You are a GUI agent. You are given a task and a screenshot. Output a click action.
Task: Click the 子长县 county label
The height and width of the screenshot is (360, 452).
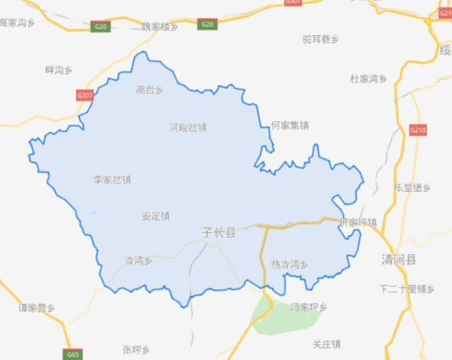219,232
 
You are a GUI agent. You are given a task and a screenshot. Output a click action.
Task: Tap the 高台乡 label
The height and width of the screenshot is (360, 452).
150,90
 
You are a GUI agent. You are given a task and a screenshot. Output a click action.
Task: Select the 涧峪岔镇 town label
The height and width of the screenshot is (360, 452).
189,128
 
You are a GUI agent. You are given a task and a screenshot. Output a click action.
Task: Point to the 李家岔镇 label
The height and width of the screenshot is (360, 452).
112,179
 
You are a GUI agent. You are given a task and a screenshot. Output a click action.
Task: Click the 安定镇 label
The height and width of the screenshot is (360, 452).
155,217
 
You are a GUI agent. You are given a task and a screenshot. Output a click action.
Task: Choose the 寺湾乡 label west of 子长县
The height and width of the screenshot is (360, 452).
139,260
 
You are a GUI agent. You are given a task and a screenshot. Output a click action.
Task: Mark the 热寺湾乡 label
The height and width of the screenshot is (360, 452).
290,264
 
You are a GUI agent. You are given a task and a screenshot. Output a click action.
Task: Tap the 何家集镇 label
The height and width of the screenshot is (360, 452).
290,126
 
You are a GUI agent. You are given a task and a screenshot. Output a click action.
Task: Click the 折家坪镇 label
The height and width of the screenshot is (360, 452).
358,222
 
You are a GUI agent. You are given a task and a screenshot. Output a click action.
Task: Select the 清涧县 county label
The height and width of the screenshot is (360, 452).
398,259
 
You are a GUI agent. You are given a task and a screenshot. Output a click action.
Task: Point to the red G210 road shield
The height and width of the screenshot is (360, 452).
418,131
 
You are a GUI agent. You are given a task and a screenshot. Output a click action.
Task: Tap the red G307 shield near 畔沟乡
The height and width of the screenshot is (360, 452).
85,95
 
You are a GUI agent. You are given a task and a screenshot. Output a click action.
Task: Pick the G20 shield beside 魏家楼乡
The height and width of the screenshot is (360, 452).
101,26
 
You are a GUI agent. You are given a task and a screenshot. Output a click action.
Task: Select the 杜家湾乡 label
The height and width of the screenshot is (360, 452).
369,78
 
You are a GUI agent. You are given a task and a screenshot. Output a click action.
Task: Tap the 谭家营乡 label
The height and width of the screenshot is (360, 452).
37,308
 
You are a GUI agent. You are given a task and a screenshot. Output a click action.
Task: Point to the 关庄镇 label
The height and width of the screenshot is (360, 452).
327,344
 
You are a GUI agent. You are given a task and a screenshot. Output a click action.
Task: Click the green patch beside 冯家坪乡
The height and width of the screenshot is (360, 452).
268,318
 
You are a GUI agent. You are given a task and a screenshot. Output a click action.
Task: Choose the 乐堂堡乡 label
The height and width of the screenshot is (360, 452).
412,188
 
